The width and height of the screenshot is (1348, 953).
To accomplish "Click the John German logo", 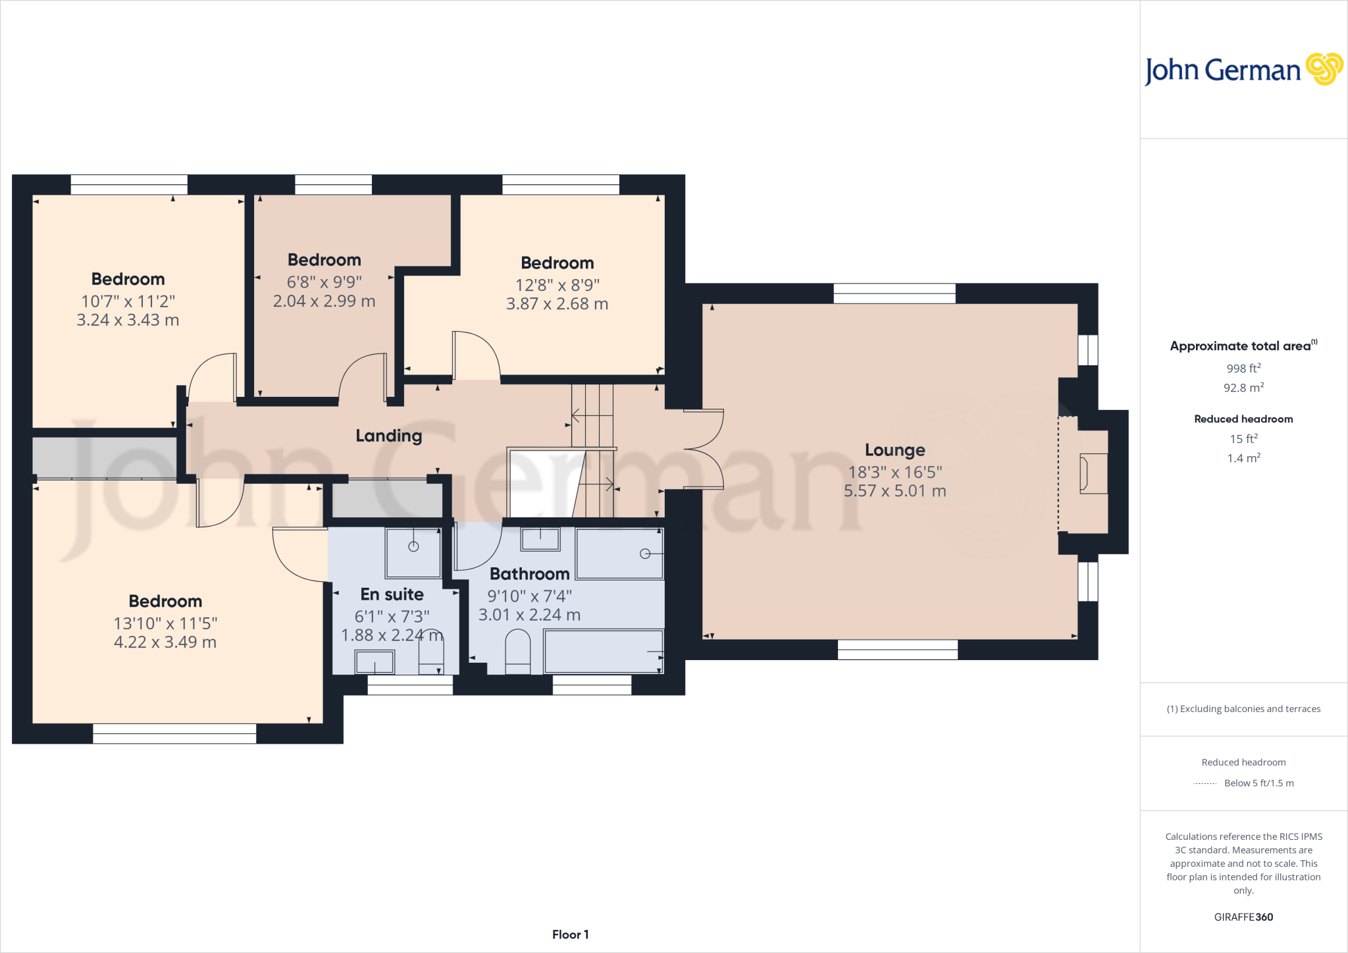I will (x=1243, y=70).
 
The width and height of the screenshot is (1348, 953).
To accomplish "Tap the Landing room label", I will (x=388, y=436).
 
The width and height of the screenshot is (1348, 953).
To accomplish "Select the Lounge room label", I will (x=894, y=450).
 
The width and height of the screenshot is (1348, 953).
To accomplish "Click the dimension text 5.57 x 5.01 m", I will (x=894, y=491).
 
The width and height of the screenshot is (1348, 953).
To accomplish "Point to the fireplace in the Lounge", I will (x=1093, y=473).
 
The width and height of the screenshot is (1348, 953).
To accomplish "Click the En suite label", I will (x=392, y=594).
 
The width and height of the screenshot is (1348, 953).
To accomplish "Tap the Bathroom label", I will (x=529, y=574).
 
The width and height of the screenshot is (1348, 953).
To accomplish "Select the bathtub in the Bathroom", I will (x=603, y=651).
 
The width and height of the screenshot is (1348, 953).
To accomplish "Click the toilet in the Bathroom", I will (x=517, y=652).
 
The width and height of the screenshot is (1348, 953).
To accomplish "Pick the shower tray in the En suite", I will (x=413, y=552).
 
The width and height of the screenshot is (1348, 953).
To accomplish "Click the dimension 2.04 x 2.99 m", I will (x=324, y=301).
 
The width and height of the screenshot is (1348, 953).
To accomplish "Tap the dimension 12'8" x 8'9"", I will (x=557, y=285).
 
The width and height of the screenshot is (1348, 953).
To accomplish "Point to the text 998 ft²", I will (x=1243, y=369).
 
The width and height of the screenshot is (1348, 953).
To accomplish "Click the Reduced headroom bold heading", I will (x=1243, y=419).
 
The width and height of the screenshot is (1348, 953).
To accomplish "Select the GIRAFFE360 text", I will (x=1243, y=917).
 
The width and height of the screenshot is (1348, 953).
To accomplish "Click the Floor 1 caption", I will (x=570, y=935).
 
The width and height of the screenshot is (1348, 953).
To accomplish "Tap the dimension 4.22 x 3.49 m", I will (x=165, y=642).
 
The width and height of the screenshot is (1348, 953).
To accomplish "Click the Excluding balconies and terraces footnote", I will (x=1243, y=709).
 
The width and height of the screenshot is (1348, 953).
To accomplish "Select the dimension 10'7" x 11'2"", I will (x=128, y=301).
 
